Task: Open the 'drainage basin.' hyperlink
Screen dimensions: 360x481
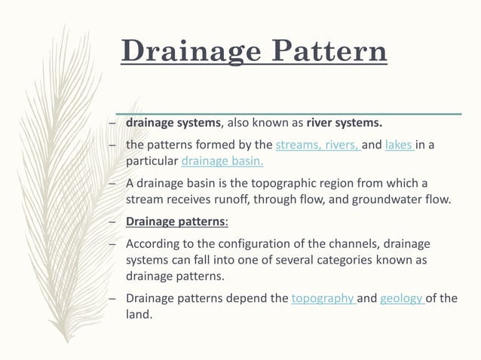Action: pyautogui.click(x=222, y=161)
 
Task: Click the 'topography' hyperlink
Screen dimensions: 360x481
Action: pyautogui.click(x=323, y=297)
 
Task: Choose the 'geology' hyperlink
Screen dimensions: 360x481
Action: pyautogui.click(x=403, y=297)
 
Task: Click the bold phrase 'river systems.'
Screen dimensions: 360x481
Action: pyautogui.click(x=345, y=123)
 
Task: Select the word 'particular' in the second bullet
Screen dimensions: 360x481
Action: pyautogui.click(x=152, y=161)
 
